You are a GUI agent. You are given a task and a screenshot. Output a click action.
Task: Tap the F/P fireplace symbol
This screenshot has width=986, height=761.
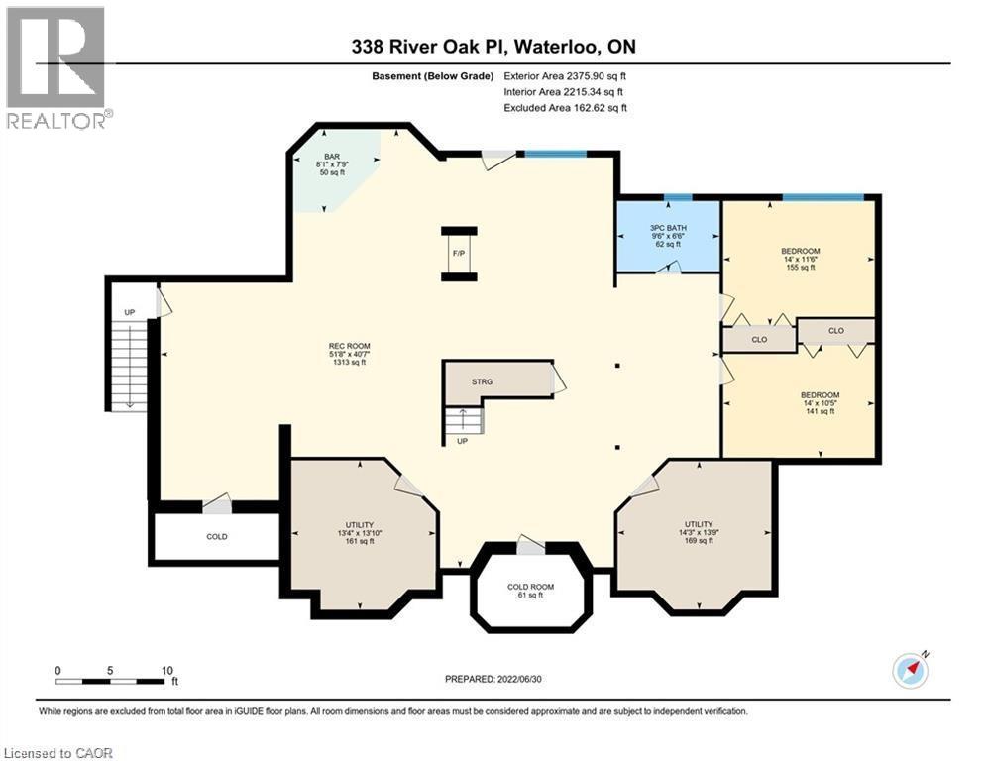tap(458, 253)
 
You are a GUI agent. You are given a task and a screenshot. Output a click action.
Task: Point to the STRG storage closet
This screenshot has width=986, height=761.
tap(483, 381)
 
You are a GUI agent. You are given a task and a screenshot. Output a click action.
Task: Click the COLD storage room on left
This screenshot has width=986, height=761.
tap(216, 537)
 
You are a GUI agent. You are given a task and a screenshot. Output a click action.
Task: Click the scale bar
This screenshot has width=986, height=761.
tap(110, 681)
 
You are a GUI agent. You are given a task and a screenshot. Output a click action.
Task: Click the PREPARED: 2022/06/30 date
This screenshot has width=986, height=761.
tap(494, 679)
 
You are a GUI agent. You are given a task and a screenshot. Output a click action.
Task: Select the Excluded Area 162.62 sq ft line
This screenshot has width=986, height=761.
tap(566, 108)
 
